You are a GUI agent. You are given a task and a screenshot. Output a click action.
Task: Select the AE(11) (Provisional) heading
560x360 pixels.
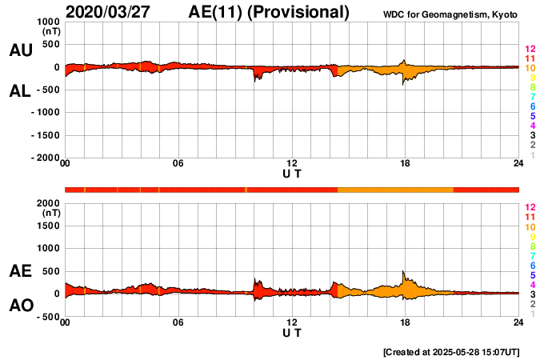pos(270,12)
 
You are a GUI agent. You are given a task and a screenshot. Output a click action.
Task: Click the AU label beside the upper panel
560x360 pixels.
pos(21,50)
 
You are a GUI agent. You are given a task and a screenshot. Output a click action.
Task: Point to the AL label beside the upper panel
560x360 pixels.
pos(21,91)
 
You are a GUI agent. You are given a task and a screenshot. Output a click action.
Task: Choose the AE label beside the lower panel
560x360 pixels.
pos(21,272)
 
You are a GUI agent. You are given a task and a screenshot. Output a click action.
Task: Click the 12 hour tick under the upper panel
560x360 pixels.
pos(292,164)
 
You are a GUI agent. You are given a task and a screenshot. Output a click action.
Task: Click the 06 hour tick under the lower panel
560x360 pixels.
pos(178,322)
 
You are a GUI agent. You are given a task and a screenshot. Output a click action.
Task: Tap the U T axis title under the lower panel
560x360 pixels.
pos(292,332)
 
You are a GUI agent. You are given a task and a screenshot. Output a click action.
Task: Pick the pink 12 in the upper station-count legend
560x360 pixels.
pos(530,50)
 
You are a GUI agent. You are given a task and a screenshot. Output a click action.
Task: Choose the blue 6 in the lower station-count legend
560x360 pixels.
pos(531,265)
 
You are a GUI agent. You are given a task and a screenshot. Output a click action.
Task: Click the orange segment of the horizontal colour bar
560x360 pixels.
pos(395,190)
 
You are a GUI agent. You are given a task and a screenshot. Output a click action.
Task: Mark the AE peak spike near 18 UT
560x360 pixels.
pos(404,273)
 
